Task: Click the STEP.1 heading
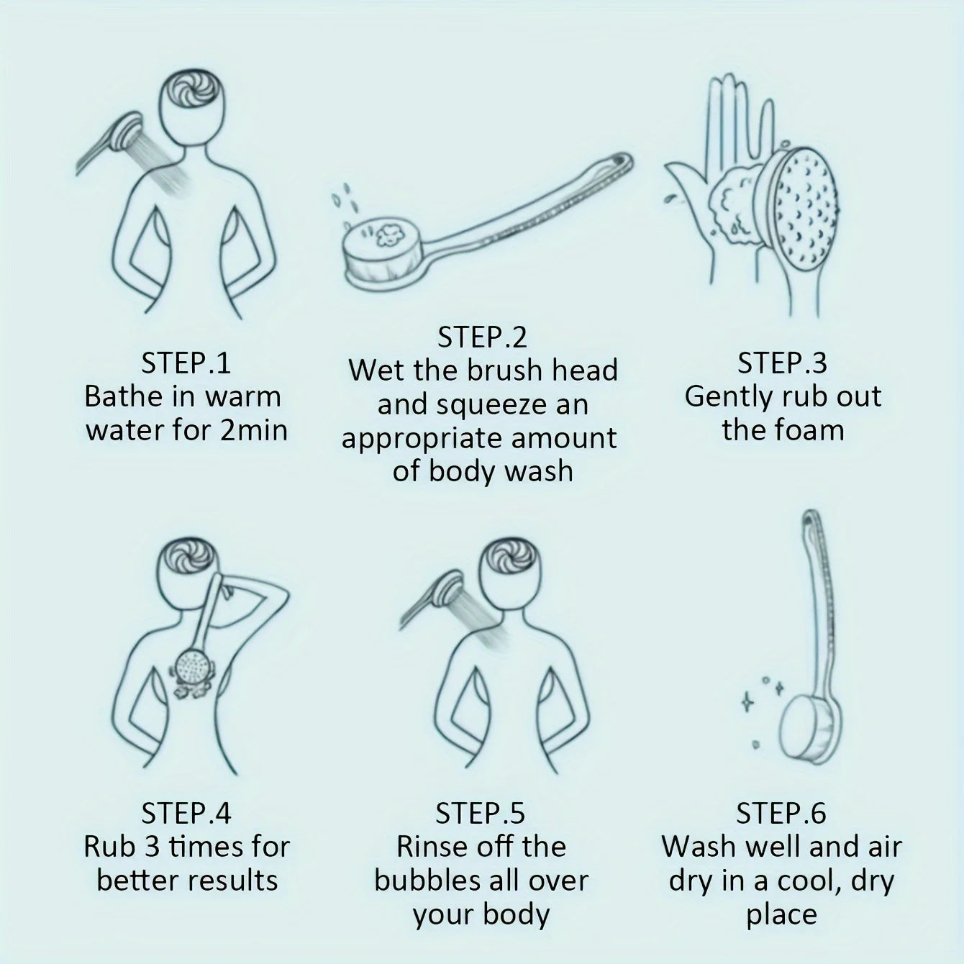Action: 186,363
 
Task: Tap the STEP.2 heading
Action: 482,337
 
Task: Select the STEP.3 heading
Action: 782,363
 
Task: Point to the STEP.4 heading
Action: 186,813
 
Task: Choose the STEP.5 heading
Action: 480,813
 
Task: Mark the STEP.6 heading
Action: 781,813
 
